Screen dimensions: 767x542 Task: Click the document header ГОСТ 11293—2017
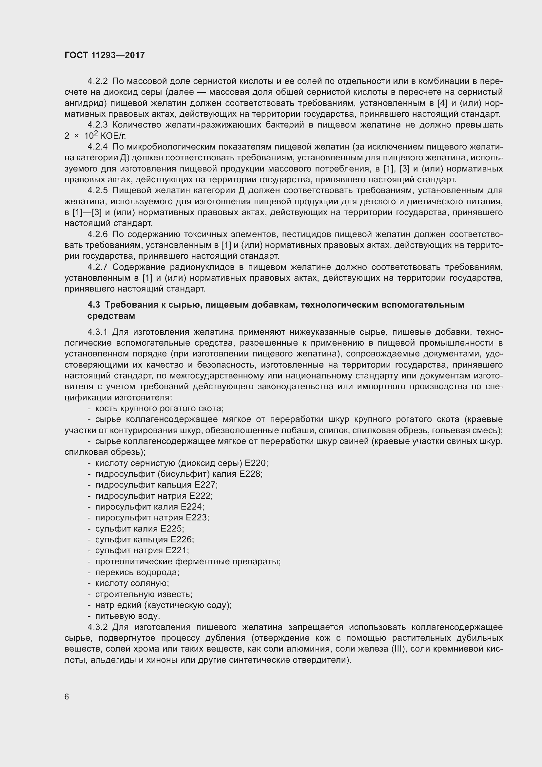click(x=105, y=55)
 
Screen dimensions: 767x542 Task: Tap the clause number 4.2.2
click(x=97, y=81)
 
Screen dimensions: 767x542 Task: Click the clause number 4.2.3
click(x=97, y=125)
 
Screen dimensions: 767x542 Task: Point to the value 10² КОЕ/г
click(x=105, y=136)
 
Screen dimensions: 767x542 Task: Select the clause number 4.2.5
click(x=97, y=191)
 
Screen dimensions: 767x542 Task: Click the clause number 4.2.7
click(x=97, y=267)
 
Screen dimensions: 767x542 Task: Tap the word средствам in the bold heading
click(x=111, y=316)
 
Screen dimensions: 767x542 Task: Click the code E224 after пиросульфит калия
click(x=192, y=507)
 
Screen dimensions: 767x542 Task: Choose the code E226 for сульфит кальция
click(x=181, y=539)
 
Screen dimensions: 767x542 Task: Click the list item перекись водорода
click(x=137, y=572)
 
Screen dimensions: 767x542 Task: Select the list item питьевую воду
click(x=127, y=616)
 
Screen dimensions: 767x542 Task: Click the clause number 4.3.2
click(x=97, y=627)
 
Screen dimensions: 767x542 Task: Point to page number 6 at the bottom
click(x=67, y=697)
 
